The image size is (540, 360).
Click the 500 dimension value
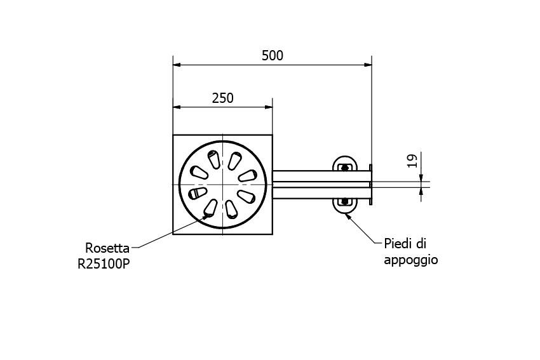click(273, 55)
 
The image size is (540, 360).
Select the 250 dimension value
click(222, 98)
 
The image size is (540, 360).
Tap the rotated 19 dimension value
click(411, 160)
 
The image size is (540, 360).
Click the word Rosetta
click(107, 248)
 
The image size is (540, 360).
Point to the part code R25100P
click(104, 263)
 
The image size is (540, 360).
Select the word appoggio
click(410, 260)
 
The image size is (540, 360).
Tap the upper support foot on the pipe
click(344, 164)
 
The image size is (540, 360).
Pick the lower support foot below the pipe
click(344, 205)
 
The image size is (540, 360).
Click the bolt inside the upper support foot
click(345, 168)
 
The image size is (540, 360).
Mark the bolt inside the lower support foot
click(345, 202)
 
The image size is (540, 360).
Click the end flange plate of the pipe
click(372, 185)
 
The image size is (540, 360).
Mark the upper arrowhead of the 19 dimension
click(421, 178)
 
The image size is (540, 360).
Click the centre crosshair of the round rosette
click(222, 184)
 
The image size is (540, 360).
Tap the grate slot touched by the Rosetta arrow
click(210, 206)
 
